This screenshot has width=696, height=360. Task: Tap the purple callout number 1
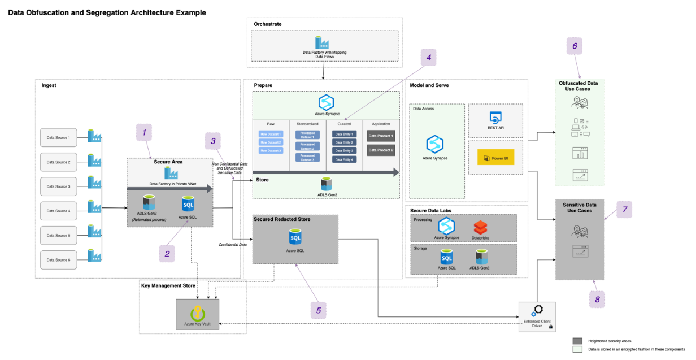pyautogui.click(x=144, y=133)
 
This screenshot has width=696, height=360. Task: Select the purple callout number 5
pyautogui.click(x=319, y=310)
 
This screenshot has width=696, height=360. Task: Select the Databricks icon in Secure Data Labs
pyautogui.click(x=480, y=228)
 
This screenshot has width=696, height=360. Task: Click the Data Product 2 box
pyautogui.click(x=380, y=150)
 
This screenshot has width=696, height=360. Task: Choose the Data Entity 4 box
pyautogui.click(x=344, y=159)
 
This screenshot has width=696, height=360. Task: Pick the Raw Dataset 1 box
pyautogui.click(x=270, y=135)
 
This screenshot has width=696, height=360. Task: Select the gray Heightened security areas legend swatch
pyautogui.click(x=577, y=341)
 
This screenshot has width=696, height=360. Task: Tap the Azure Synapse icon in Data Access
pyautogui.click(x=436, y=144)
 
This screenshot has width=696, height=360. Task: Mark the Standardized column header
pyautogui.click(x=307, y=123)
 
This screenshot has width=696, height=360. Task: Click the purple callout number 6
pyautogui.click(x=575, y=46)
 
